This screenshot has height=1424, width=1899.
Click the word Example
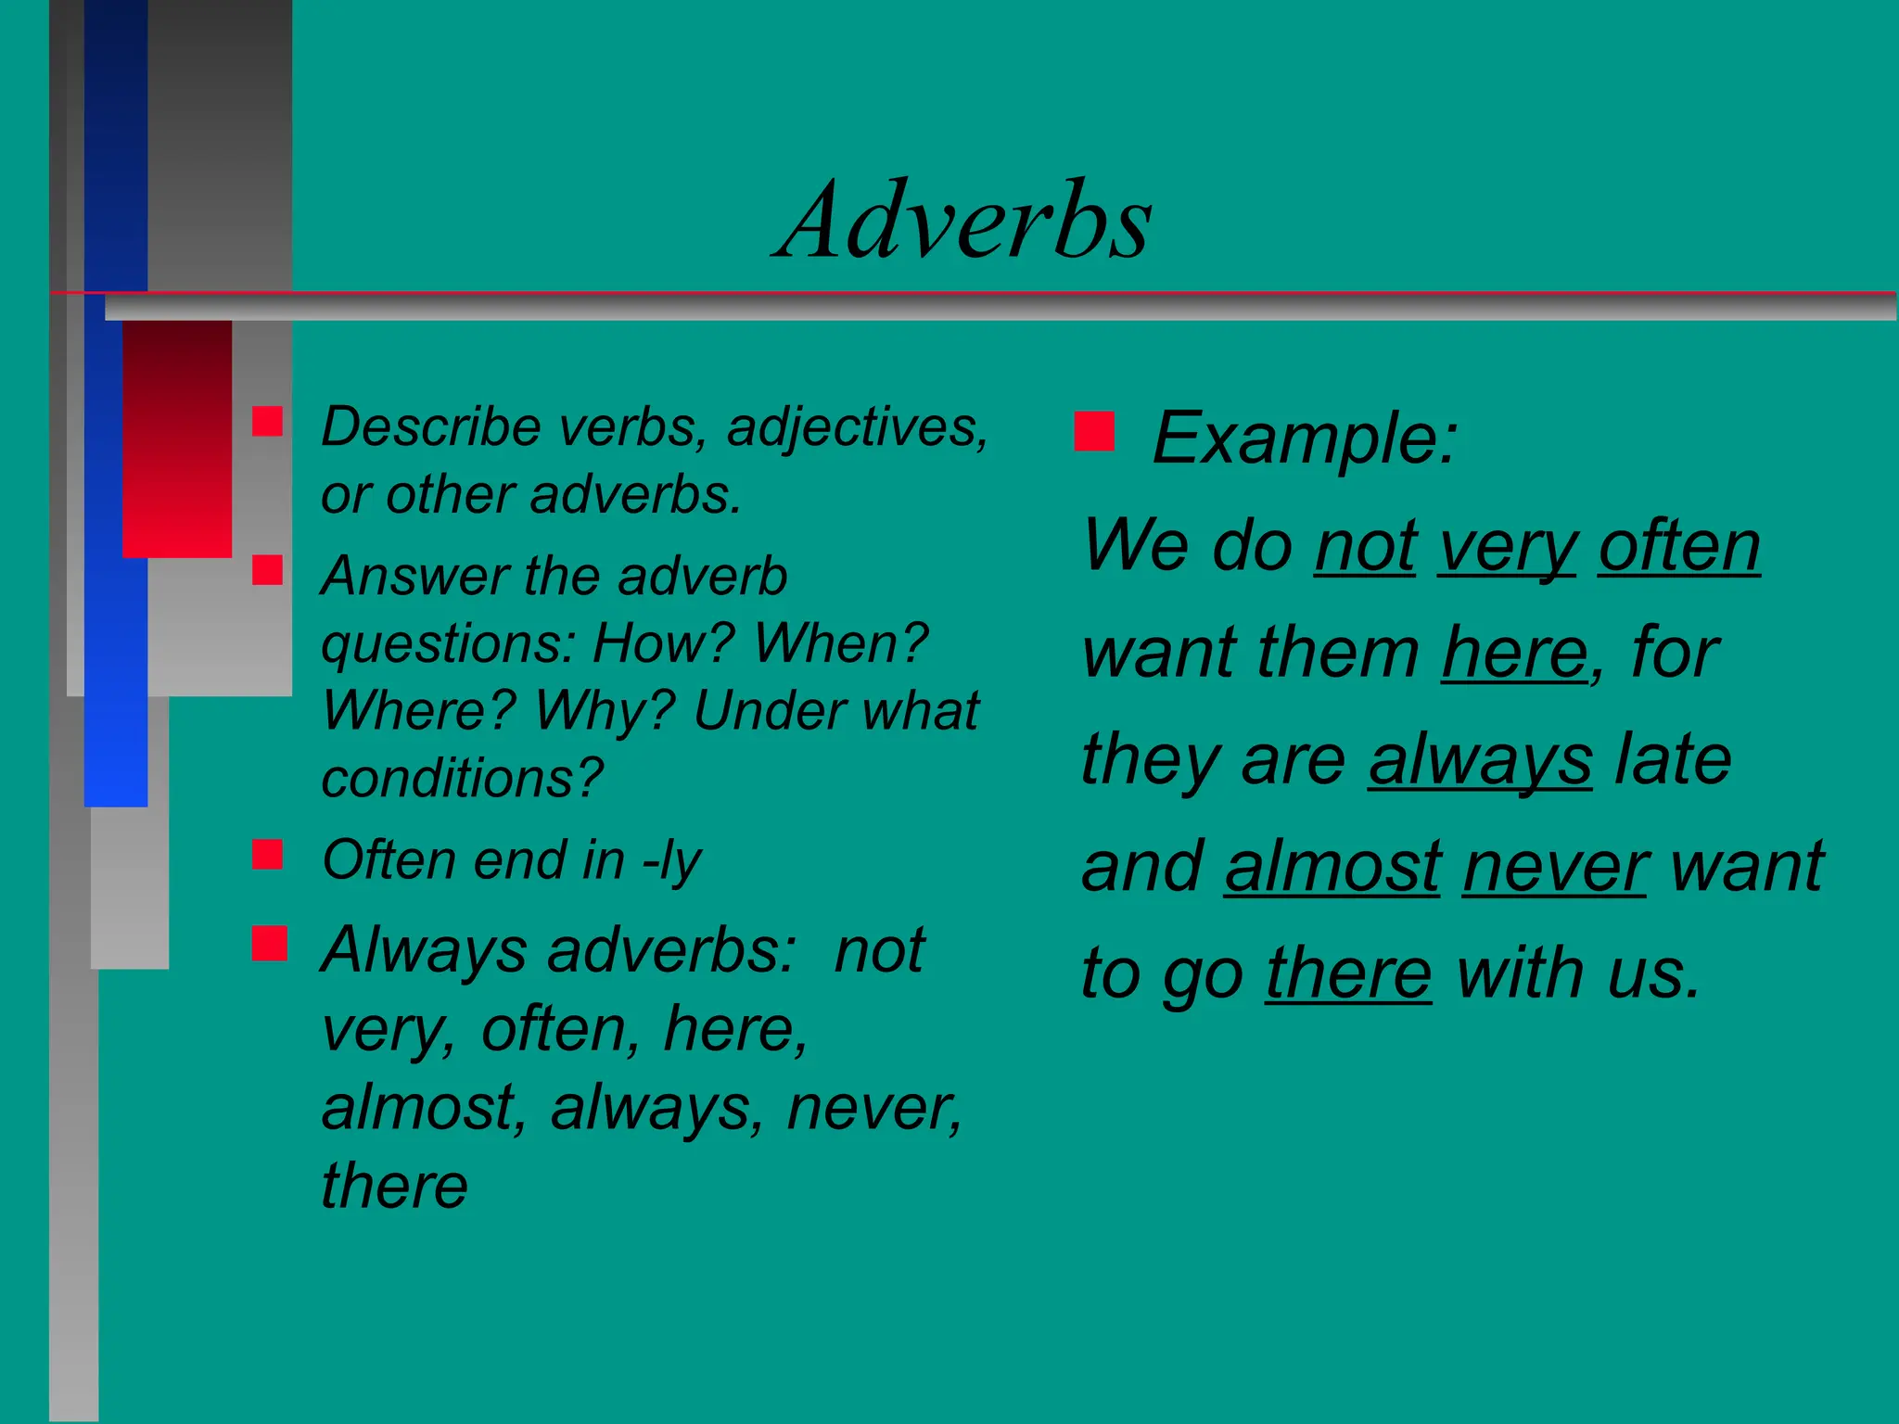(x=1303, y=438)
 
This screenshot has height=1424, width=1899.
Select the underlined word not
(x=1365, y=547)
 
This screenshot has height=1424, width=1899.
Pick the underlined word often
(x=1678, y=547)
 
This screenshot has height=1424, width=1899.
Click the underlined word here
(x=1515, y=654)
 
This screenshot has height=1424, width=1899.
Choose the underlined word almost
(x=1332, y=867)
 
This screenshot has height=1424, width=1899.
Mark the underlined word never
(x=1555, y=867)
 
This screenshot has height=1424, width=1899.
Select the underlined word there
(x=1348, y=973)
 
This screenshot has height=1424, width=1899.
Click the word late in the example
(x=1673, y=759)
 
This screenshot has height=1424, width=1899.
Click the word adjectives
(x=856, y=428)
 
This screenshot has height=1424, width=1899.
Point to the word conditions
(x=462, y=778)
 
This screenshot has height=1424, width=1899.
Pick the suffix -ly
(x=672, y=861)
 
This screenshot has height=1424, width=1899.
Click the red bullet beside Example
(x=1094, y=431)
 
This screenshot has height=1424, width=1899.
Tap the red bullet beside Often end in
(x=267, y=854)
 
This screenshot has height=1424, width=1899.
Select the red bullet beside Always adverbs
(x=269, y=944)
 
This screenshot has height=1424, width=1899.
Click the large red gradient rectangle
(x=177, y=439)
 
